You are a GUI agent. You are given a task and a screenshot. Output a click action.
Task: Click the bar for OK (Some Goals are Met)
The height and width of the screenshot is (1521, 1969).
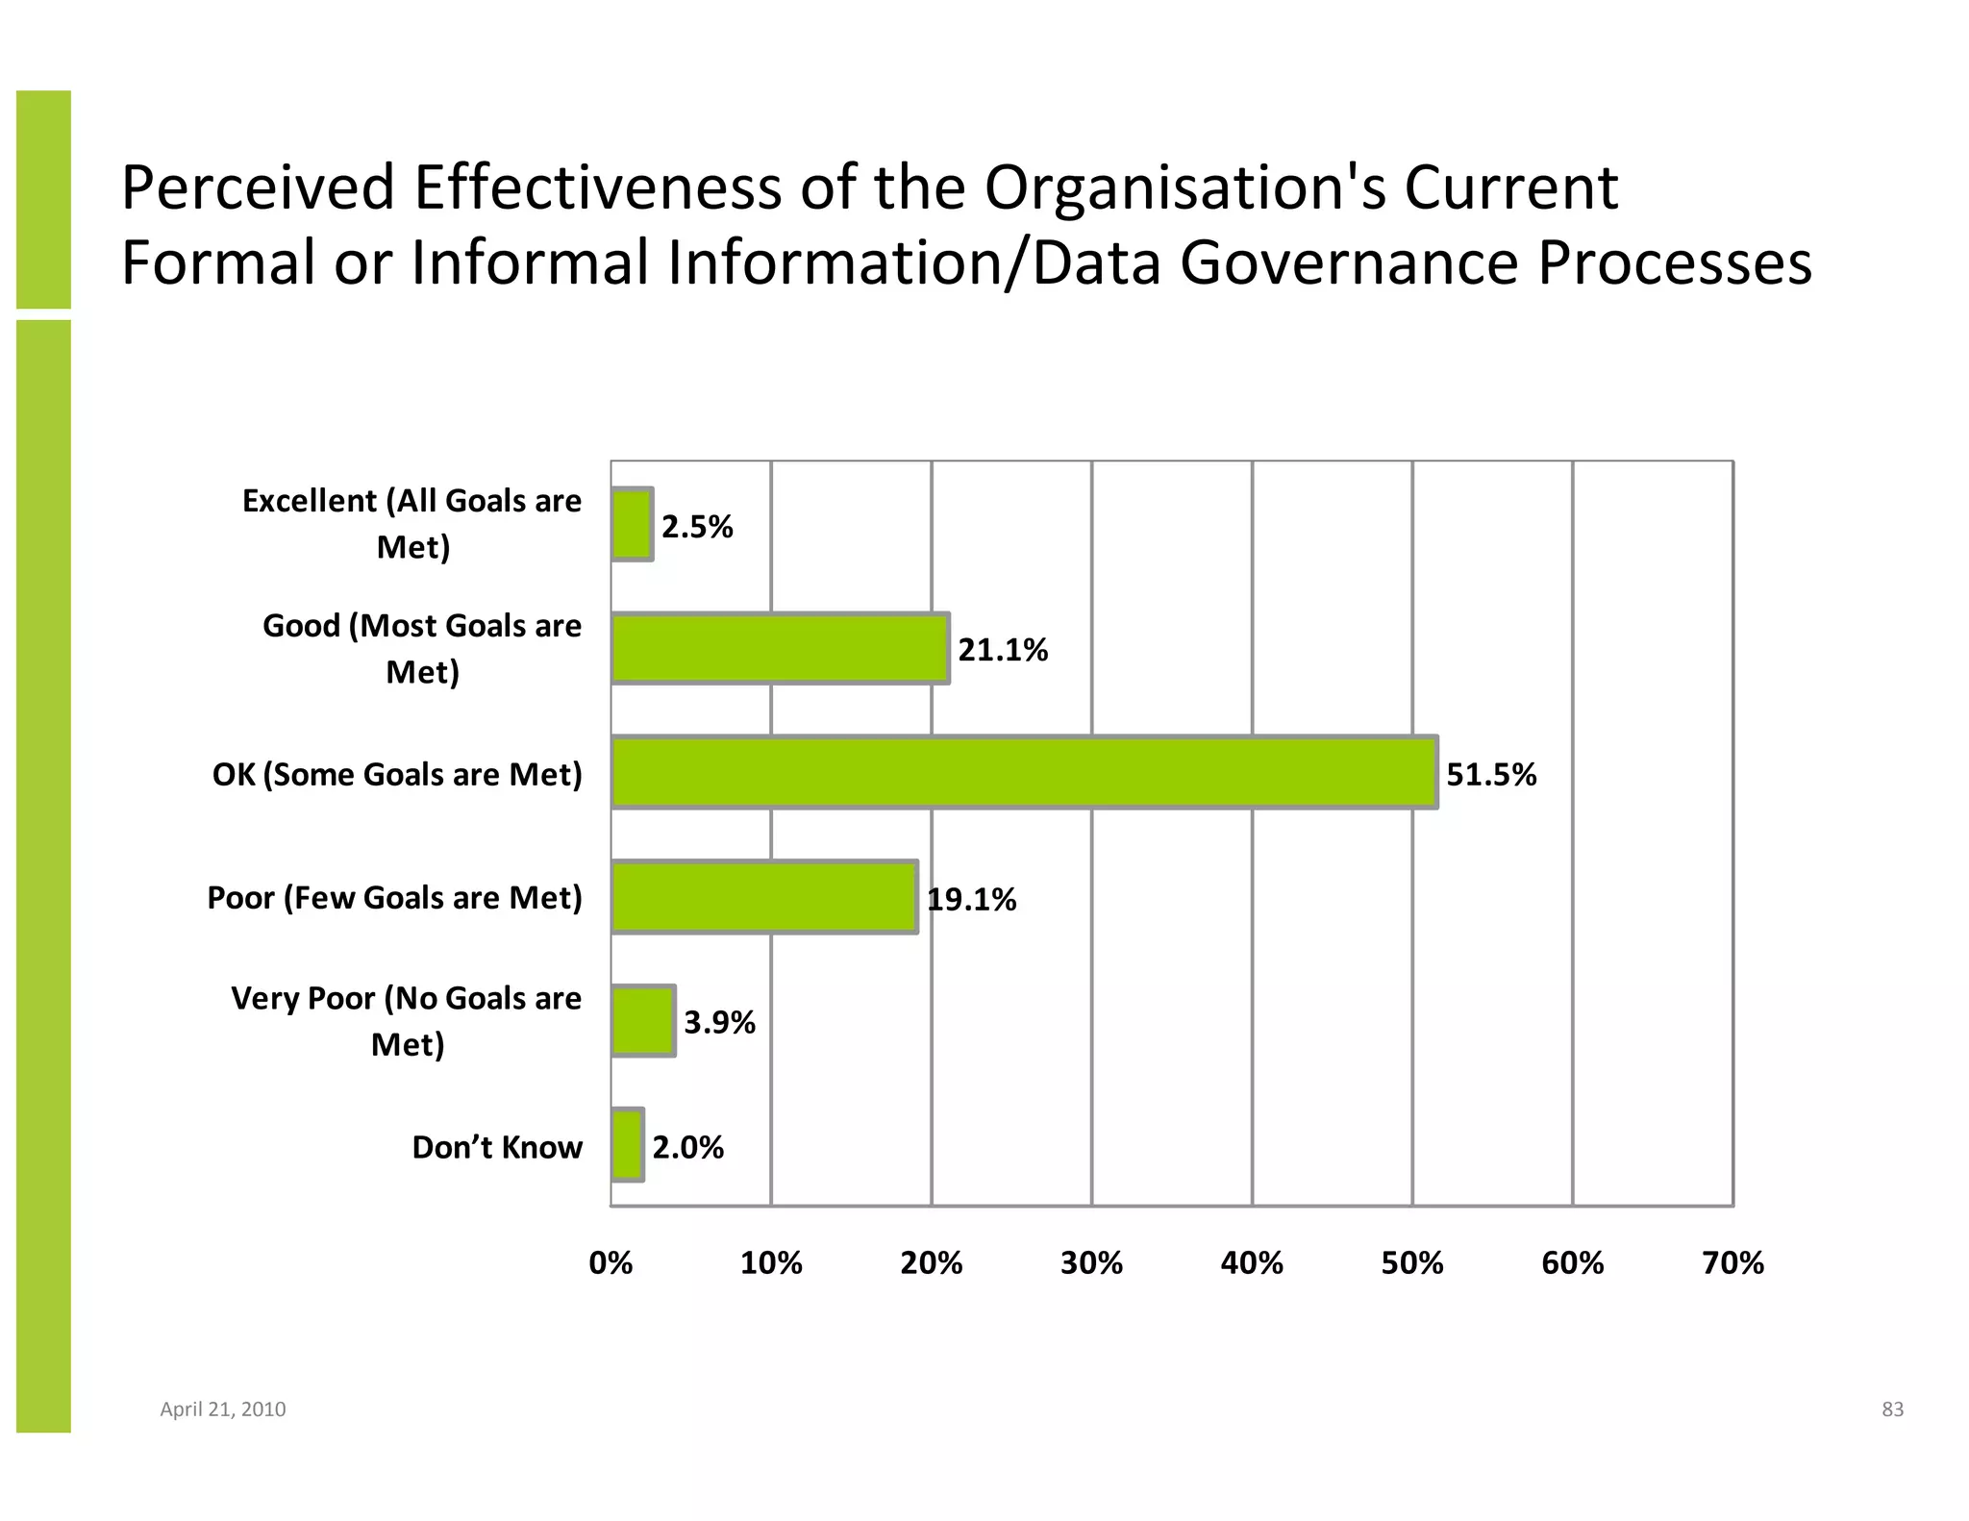(x=1024, y=772)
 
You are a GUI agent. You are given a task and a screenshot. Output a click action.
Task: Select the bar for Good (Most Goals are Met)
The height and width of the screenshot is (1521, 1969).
(x=780, y=649)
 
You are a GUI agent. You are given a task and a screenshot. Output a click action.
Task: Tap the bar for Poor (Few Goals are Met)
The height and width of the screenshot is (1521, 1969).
(x=764, y=897)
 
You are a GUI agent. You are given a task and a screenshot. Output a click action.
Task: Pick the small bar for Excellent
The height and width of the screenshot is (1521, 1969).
(x=633, y=524)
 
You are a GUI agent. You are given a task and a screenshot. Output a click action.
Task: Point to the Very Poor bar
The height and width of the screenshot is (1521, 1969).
(x=643, y=1021)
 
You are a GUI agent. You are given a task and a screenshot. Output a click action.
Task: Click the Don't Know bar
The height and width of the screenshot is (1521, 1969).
(x=628, y=1145)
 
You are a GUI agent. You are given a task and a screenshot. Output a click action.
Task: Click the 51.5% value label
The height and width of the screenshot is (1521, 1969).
(x=1491, y=774)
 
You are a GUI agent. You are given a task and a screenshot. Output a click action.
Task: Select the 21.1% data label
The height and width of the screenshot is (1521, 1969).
(x=1003, y=651)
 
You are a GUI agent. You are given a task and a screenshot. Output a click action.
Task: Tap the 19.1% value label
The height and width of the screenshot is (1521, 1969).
(x=971, y=900)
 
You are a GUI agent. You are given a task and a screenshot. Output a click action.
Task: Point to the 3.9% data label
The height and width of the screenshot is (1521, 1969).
(x=719, y=1023)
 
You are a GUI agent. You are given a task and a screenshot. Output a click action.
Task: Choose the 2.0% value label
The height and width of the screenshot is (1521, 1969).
(x=687, y=1147)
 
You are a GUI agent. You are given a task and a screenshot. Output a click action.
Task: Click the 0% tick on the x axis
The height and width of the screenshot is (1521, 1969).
(x=611, y=1262)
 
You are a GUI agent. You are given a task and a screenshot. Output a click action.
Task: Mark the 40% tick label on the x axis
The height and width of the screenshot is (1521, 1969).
(x=1252, y=1262)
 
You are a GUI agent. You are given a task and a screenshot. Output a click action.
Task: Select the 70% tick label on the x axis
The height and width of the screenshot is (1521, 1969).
(x=1732, y=1262)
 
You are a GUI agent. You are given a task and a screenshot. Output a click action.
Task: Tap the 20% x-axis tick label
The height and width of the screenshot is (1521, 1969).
(x=931, y=1262)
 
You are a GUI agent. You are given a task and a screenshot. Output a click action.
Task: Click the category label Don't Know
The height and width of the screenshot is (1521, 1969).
(x=497, y=1147)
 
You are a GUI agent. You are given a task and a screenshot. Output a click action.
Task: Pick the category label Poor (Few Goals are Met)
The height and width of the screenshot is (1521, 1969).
(x=394, y=898)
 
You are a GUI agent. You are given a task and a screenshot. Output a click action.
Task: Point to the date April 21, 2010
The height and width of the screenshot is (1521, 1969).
(x=222, y=1409)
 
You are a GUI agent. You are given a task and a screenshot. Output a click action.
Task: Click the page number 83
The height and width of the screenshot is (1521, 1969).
(x=1892, y=1409)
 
